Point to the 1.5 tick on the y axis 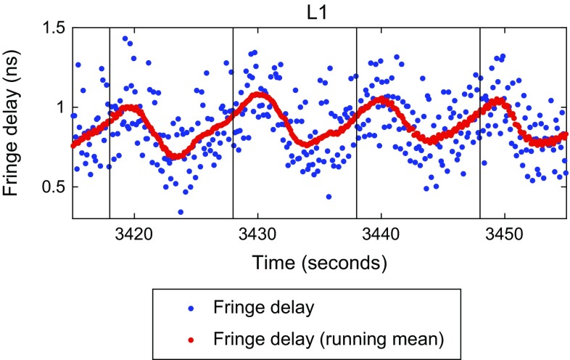(54, 28)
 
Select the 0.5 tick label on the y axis (54, 187)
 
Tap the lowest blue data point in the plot (180, 212)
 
